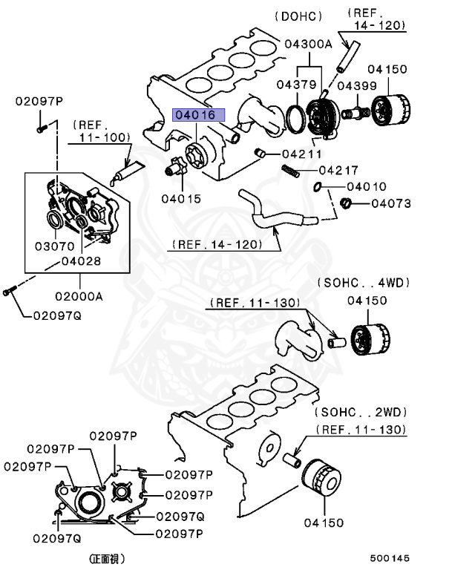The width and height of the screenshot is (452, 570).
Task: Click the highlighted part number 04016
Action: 194,116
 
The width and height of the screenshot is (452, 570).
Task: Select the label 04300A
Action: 308,44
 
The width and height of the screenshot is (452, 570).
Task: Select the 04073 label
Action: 391,203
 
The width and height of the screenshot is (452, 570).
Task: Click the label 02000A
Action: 78,295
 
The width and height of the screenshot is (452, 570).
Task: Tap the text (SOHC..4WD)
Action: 364,283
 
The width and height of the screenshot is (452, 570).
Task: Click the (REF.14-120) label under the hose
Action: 215,243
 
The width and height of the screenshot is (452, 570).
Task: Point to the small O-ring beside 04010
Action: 318,186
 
